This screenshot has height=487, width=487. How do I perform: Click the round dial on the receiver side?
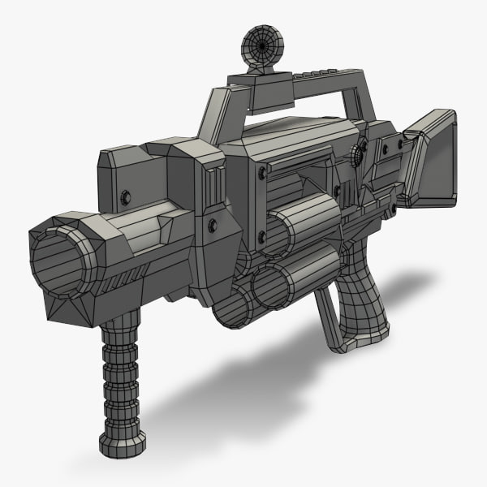(x=358, y=154)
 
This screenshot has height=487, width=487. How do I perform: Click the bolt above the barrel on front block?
(x=123, y=198)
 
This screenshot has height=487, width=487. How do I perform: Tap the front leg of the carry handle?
(x=209, y=114)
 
